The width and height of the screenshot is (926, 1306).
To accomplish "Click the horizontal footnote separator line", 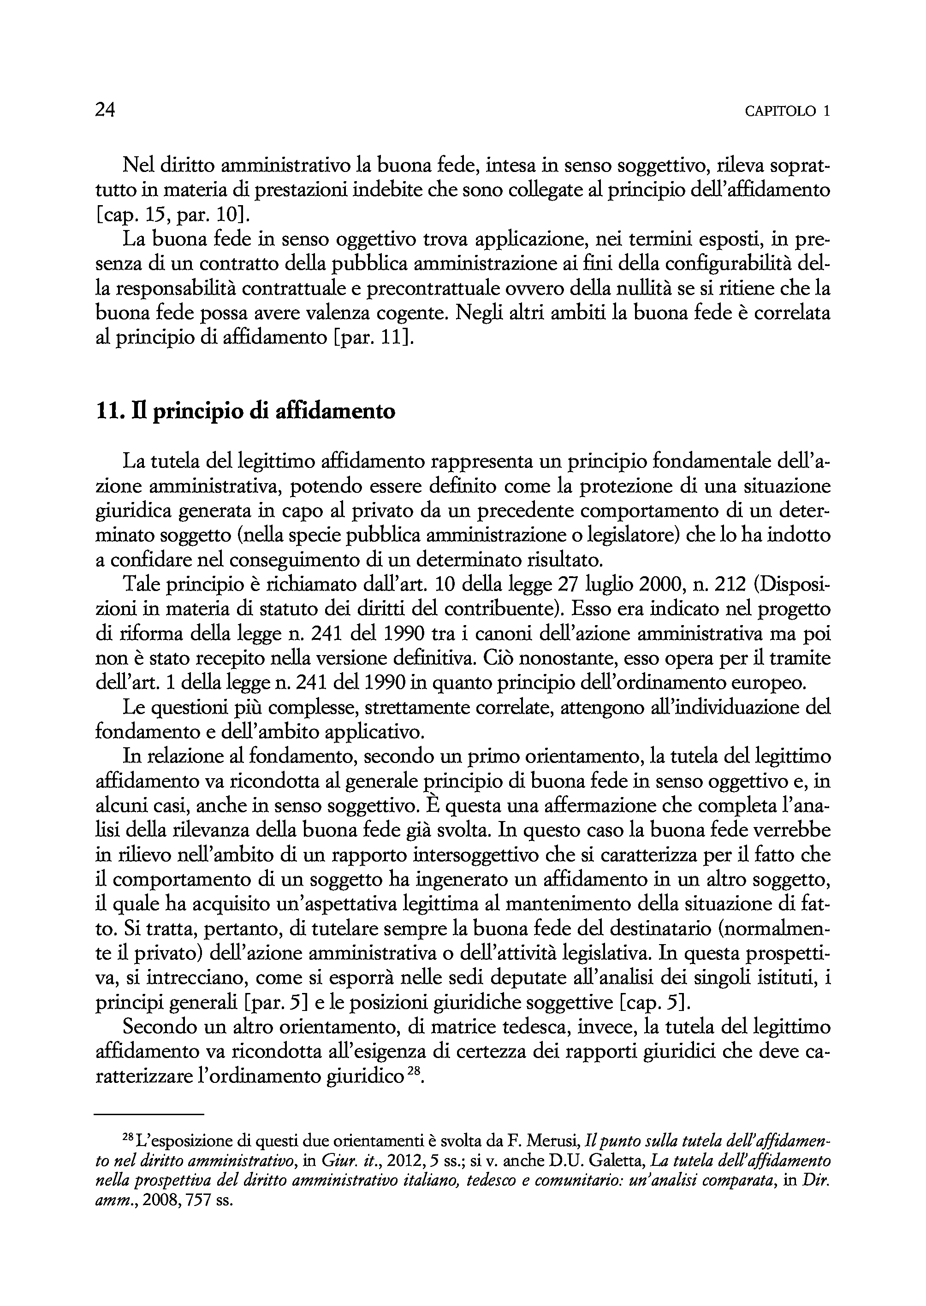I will tap(149, 1113).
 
